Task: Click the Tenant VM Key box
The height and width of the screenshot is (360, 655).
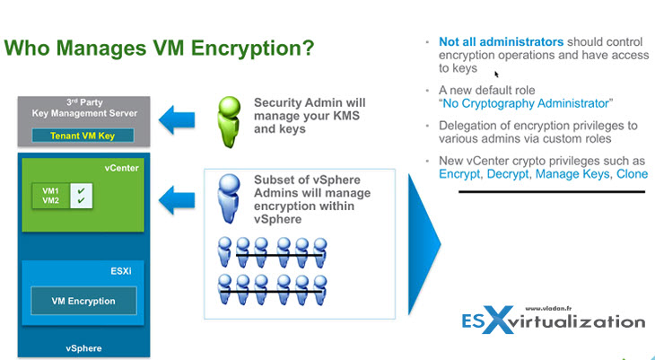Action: click(x=83, y=136)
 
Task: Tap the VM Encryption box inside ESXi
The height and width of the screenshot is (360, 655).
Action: click(x=83, y=301)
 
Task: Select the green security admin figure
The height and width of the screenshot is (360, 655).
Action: click(x=229, y=122)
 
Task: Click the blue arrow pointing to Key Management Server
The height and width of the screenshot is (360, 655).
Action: click(x=177, y=120)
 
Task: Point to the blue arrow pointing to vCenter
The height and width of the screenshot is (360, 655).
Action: click(x=177, y=200)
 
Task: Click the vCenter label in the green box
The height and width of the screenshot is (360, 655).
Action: click(x=121, y=168)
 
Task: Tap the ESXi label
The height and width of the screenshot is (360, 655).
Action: click(x=121, y=271)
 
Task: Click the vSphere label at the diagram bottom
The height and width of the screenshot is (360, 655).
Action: click(x=83, y=348)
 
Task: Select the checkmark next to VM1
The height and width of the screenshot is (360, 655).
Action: click(x=81, y=190)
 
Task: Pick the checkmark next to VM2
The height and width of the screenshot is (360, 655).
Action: click(x=81, y=200)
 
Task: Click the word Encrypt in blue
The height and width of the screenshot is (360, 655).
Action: click(x=459, y=174)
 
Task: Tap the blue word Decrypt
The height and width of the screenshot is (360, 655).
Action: click(x=508, y=174)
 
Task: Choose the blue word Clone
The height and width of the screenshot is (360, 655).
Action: click(x=632, y=174)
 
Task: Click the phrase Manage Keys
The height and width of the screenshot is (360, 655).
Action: click(x=572, y=174)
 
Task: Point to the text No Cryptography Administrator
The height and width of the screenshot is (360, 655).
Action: click(x=526, y=103)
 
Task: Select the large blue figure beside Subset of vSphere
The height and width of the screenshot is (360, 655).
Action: click(x=229, y=198)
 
